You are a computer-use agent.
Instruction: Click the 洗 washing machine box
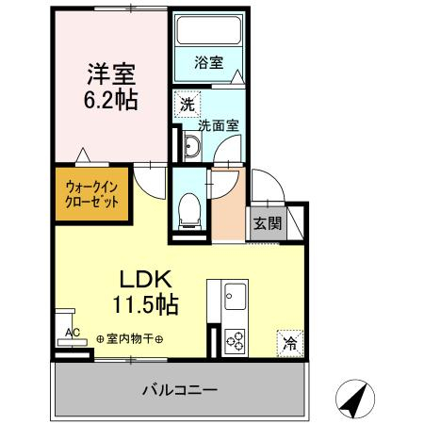pos(188,105)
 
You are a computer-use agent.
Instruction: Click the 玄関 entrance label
pos(265,223)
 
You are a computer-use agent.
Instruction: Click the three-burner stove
pos(234,340)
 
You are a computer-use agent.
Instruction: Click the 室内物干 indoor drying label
pos(129,340)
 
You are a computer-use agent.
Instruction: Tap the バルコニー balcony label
pos(180,388)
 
